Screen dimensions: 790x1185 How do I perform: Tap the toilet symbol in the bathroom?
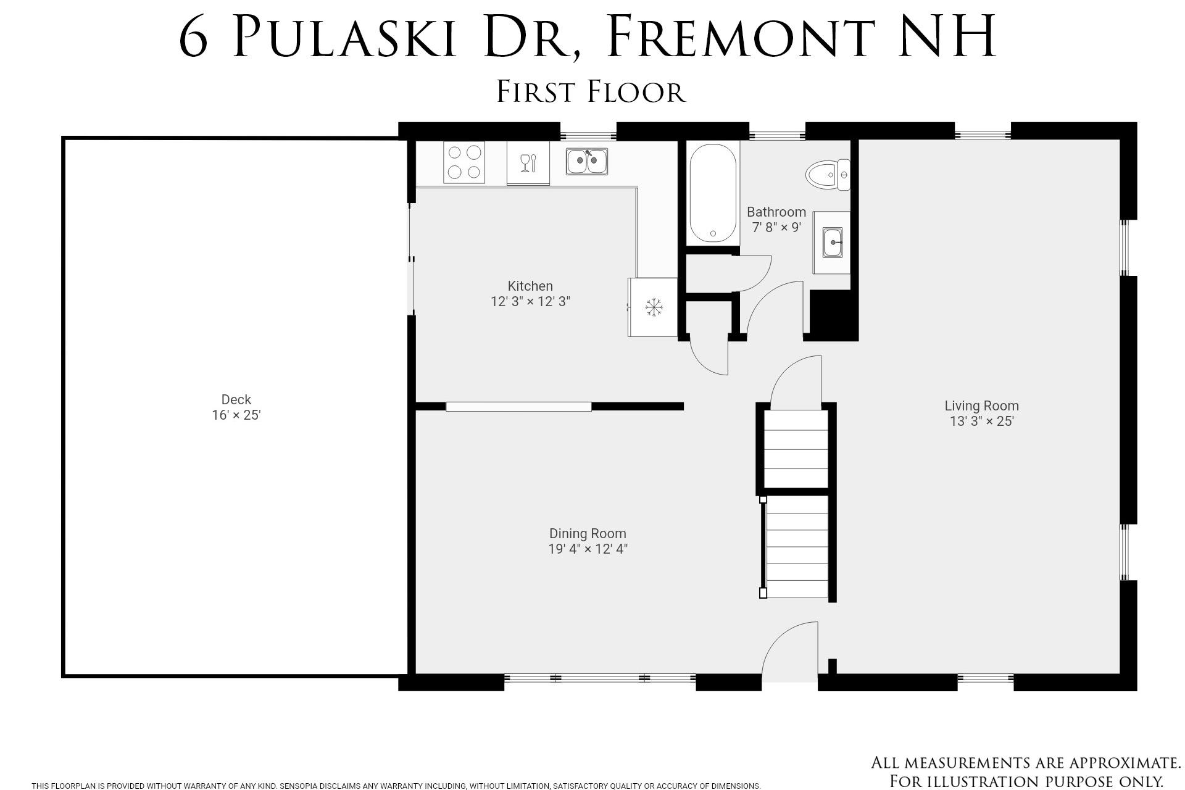tap(827, 174)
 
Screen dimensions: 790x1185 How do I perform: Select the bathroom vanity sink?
tap(832, 242)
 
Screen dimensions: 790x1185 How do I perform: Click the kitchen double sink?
tap(586, 161)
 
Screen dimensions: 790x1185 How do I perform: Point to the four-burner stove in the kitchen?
tap(464, 162)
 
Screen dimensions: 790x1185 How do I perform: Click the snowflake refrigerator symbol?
tap(653, 307)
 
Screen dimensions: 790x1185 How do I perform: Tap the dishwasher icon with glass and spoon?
tap(528, 164)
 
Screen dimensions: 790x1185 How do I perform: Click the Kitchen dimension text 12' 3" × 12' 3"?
tap(530, 302)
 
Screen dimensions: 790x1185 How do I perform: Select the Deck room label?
tap(236, 399)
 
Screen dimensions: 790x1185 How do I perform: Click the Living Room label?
tap(981, 405)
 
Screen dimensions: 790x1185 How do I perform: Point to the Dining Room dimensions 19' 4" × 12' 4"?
tap(588, 549)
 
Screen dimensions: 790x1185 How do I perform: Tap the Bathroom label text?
tap(776, 212)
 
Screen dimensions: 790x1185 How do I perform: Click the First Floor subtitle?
tap(591, 92)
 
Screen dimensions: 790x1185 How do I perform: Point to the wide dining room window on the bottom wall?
tap(600, 678)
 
